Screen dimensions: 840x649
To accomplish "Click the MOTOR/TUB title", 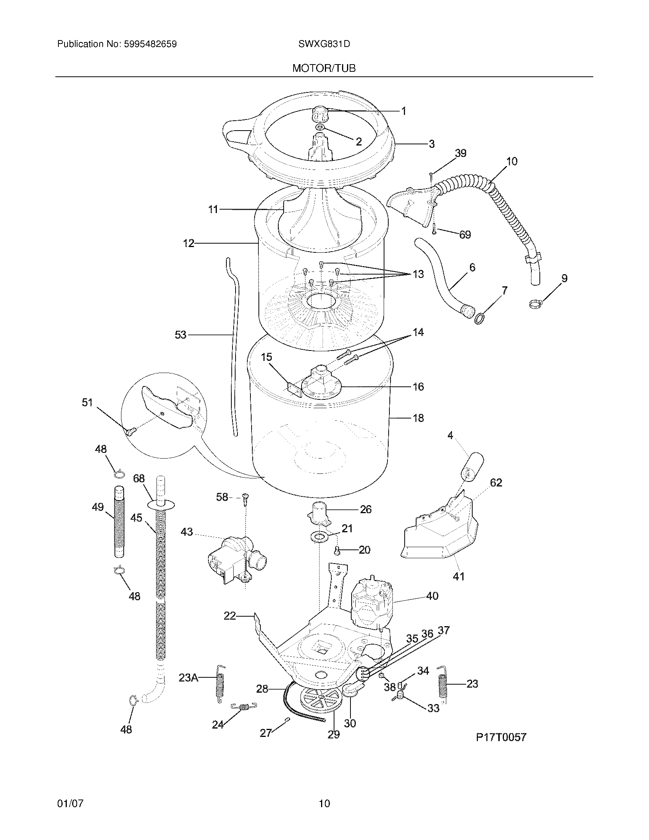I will click(324, 68).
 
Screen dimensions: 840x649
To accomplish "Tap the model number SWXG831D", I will click(324, 44).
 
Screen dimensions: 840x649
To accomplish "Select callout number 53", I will click(180, 335).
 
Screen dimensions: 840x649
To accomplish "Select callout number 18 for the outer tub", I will click(418, 418).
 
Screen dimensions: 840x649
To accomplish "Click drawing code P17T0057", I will click(500, 737).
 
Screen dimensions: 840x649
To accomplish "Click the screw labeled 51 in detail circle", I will click(129, 432).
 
